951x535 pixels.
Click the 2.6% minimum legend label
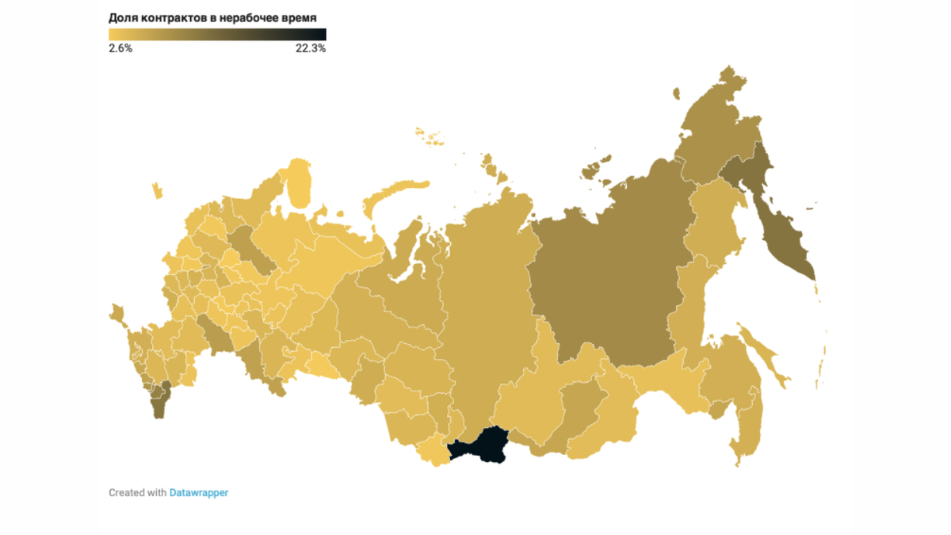120,48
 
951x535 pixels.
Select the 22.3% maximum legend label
311,48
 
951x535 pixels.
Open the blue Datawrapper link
199,493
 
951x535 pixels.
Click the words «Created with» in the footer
137,493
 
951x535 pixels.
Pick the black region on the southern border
480,446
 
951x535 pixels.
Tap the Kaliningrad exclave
157,191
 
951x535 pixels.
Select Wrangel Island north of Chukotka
676,94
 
